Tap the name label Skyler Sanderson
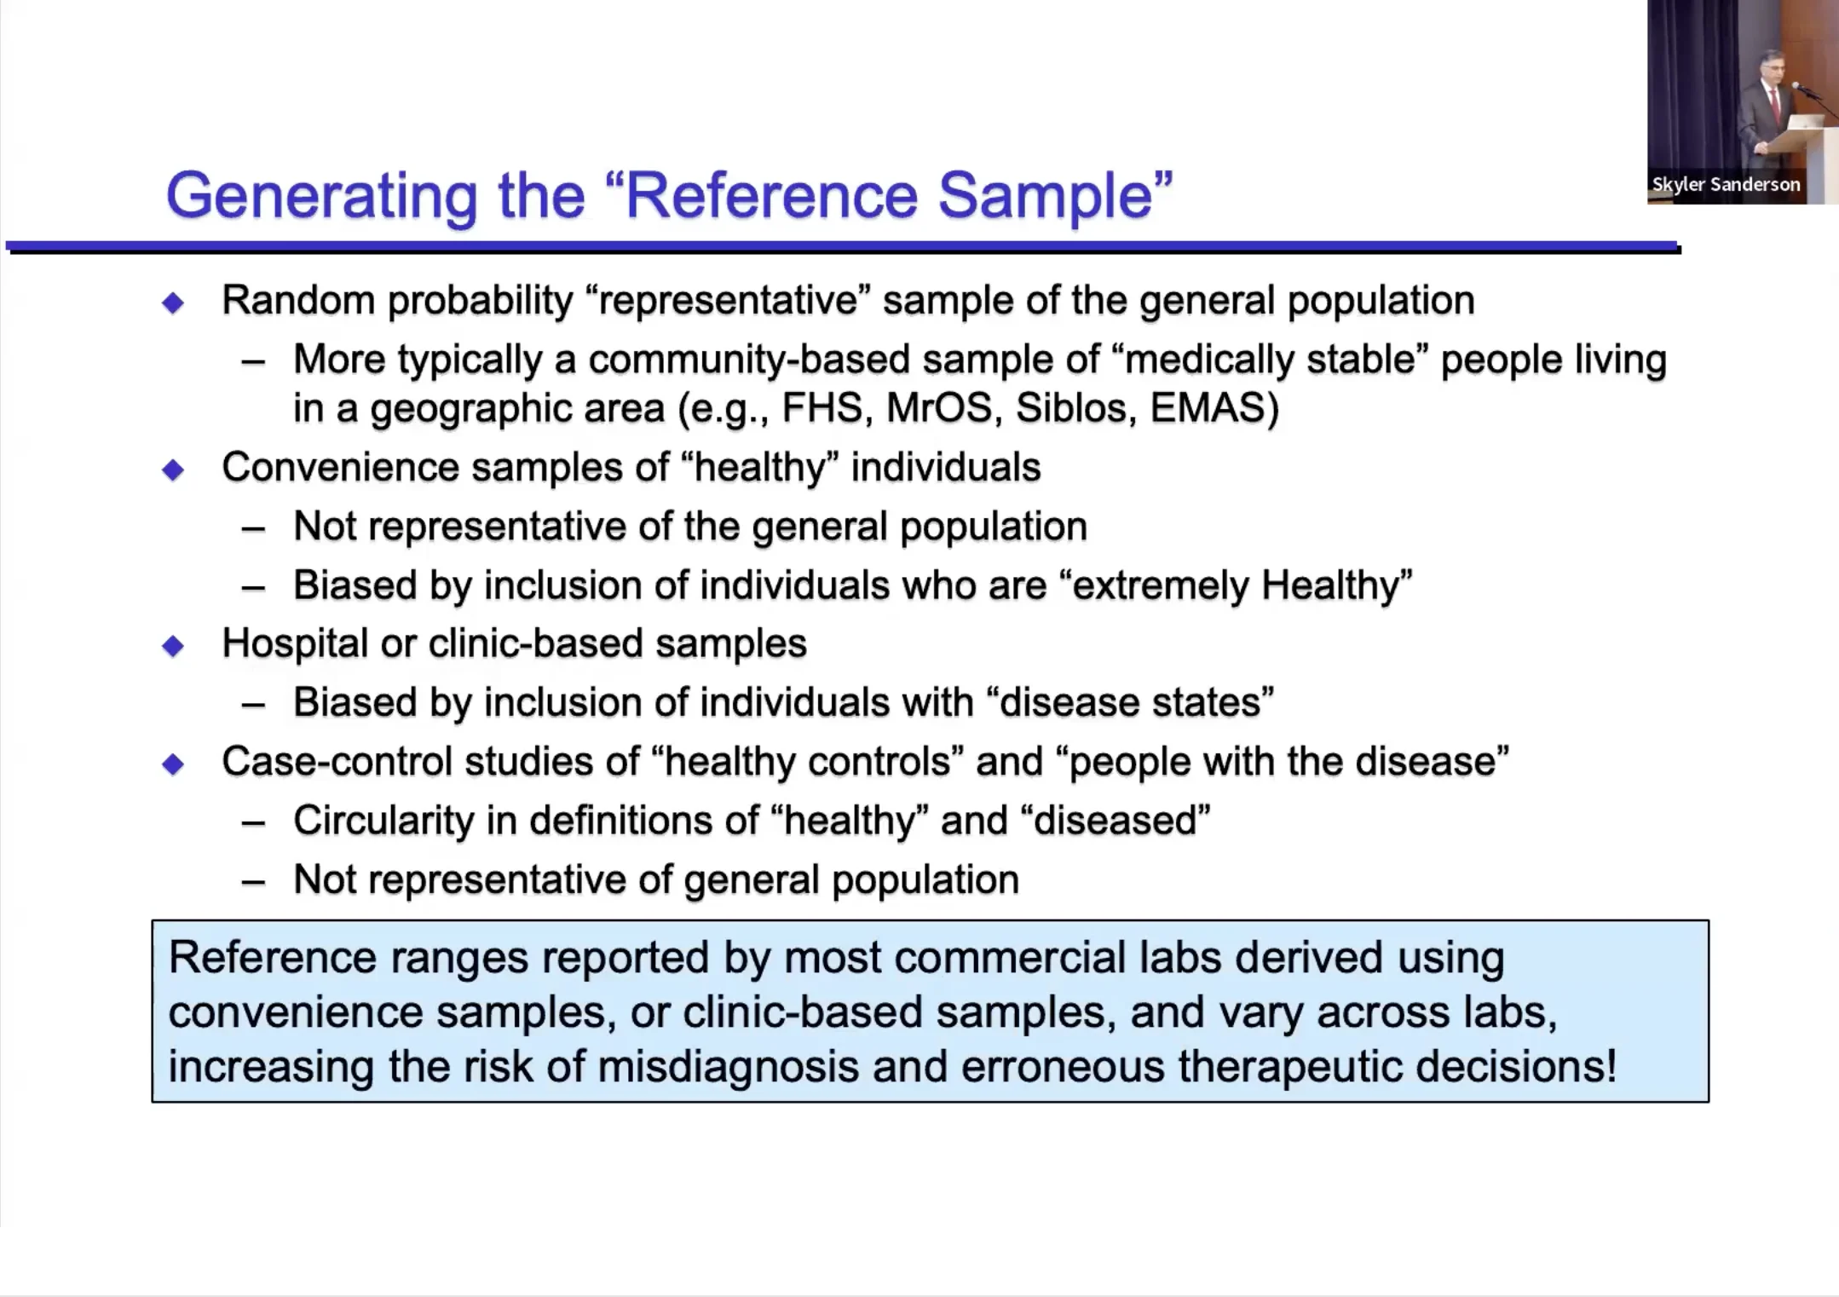tap(1726, 184)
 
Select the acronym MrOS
tap(940, 408)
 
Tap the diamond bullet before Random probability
tap(173, 303)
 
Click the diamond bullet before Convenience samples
tap(173, 470)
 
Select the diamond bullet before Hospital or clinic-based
tap(173, 646)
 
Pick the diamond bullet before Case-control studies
tap(173, 764)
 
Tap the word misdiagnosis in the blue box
tap(728, 1068)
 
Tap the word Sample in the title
tap(1046, 197)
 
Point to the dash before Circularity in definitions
tap(253, 823)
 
